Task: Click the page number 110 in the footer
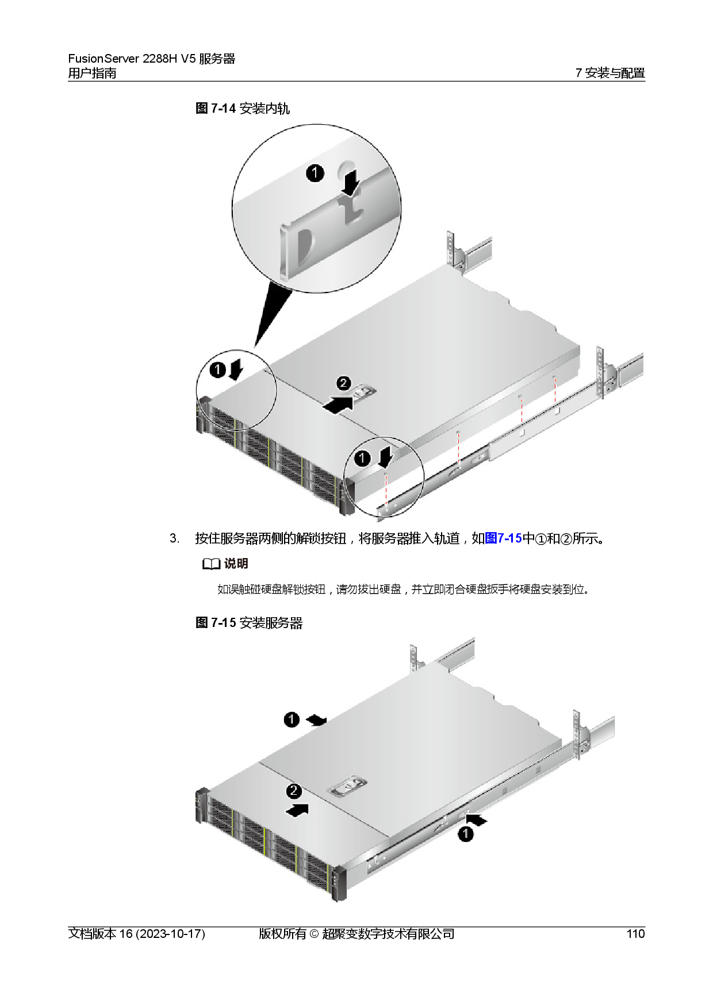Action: click(x=635, y=934)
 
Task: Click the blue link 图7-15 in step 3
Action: click(x=504, y=538)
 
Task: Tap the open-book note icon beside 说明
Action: click(x=212, y=564)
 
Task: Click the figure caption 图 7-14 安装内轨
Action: click(x=243, y=108)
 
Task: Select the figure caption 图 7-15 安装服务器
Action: click(x=249, y=623)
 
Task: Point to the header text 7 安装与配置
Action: click(x=610, y=73)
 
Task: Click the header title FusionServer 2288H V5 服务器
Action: click(x=152, y=59)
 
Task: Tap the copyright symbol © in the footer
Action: click(x=314, y=934)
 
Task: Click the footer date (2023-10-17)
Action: click(x=170, y=934)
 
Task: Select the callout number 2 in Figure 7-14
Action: click(x=343, y=383)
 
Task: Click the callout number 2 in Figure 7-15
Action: click(x=294, y=791)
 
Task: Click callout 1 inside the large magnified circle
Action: click(x=315, y=173)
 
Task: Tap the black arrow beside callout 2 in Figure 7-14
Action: click(x=339, y=403)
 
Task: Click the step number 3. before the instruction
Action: click(x=174, y=539)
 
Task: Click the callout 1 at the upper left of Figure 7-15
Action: click(x=292, y=720)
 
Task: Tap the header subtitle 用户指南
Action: click(x=92, y=73)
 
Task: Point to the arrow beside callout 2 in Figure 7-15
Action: click(x=297, y=810)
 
